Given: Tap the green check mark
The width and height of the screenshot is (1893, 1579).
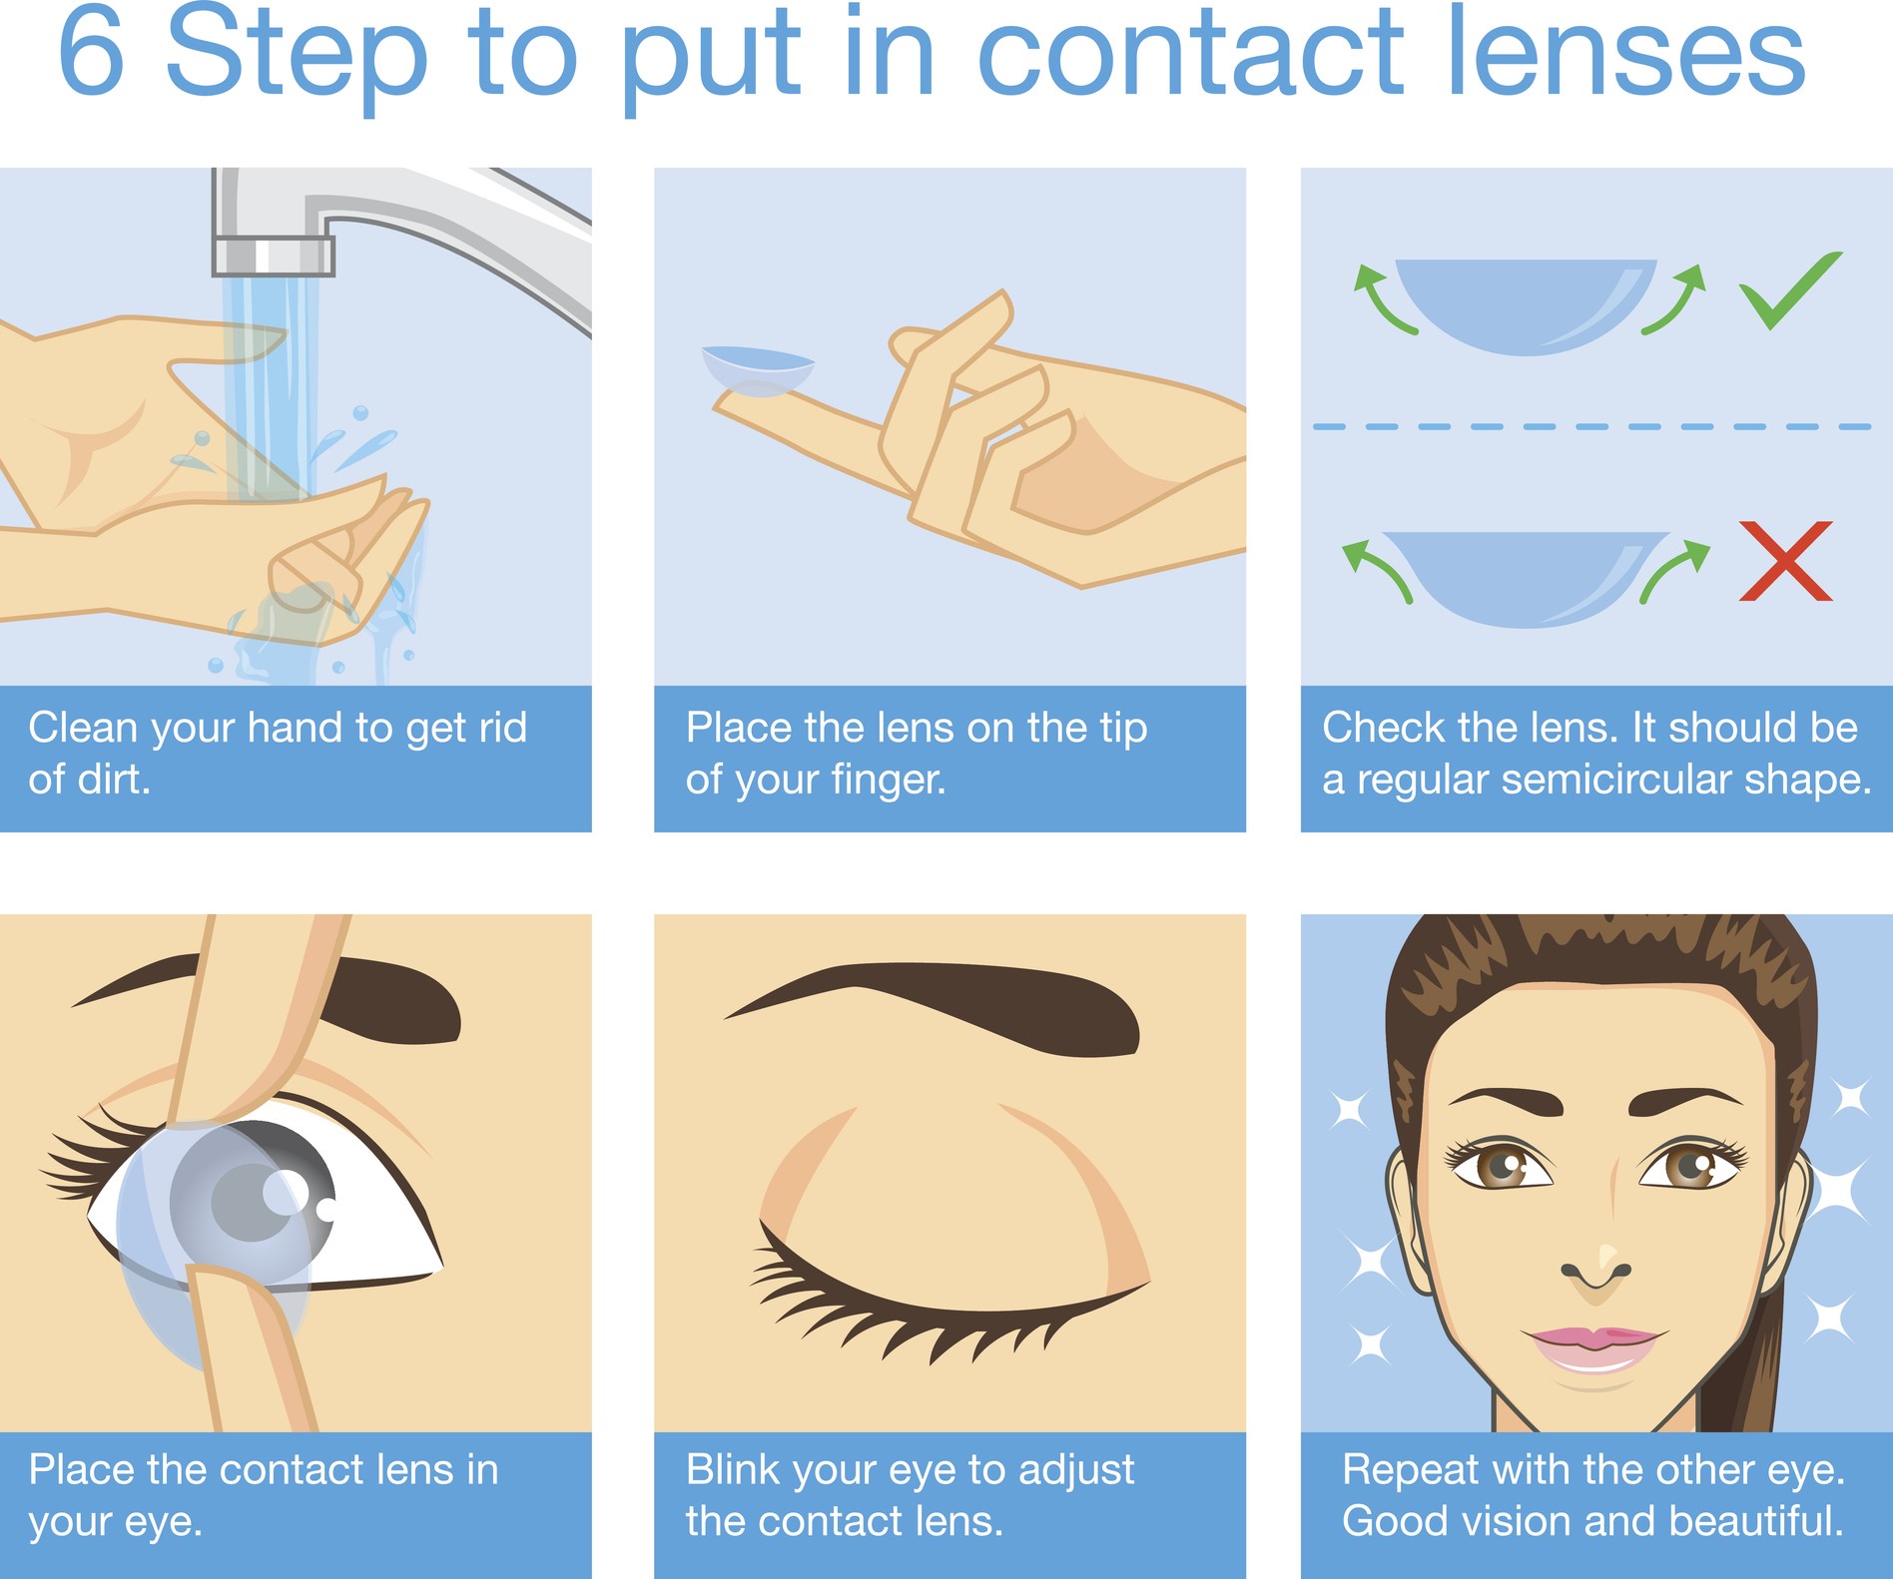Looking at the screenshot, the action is [1790, 290].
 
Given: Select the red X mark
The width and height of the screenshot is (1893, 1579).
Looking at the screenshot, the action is [1786, 561].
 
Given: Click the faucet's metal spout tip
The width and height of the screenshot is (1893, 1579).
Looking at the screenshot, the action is [273, 256].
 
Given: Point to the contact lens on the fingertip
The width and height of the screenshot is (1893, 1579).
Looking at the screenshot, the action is [758, 370].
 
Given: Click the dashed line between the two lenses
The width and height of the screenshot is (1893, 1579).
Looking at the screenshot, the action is [1591, 426].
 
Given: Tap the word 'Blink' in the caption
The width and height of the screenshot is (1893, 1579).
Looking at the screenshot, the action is [733, 1470].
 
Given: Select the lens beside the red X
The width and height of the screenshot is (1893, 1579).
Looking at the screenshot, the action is [1526, 579].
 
